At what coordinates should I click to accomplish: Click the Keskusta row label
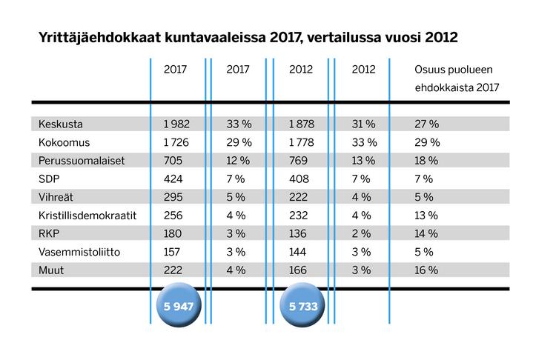tap(61, 123)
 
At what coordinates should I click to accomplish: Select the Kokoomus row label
tap(64, 141)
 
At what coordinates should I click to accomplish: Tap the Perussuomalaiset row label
tap(81, 160)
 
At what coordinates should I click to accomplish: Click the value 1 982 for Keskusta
tap(178, 123)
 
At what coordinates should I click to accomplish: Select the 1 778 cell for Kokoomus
tap(300, 141)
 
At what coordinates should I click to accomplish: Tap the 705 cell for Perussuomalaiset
tap(172, 160)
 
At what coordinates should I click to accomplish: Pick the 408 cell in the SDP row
tap(295, 179)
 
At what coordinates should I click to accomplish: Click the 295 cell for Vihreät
tap(172, 197)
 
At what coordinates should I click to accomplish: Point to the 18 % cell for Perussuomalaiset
tap(427, 160)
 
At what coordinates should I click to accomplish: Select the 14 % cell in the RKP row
tap(427, 234)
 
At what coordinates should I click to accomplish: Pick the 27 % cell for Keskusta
tap(427, 123)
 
